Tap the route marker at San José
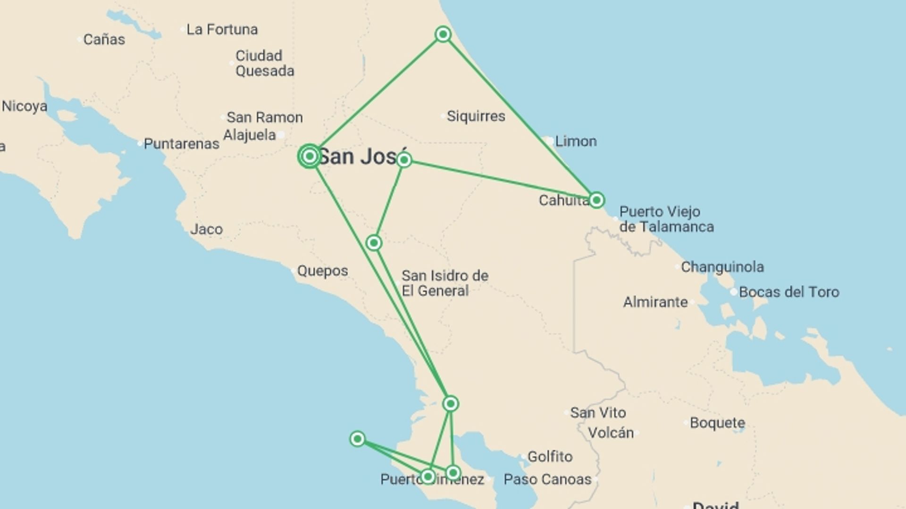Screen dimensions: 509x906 310,156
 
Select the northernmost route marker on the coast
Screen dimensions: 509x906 443,34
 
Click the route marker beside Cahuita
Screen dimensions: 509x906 596,200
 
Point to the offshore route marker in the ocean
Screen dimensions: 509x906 357,439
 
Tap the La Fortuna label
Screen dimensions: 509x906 222,29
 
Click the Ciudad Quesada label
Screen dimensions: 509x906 264,63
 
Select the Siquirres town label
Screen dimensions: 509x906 476,116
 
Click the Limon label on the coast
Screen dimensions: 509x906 576,141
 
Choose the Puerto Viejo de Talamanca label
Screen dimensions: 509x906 666,219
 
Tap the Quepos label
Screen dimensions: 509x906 322,271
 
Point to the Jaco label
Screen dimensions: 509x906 206,230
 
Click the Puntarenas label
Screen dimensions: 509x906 181,144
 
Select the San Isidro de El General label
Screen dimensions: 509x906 445,283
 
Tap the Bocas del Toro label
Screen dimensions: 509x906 789,292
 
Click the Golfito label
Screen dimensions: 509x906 550,456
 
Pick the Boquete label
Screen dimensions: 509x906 717,423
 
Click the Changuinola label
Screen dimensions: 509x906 722,267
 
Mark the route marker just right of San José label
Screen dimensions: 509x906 404,160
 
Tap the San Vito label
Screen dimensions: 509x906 598,413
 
